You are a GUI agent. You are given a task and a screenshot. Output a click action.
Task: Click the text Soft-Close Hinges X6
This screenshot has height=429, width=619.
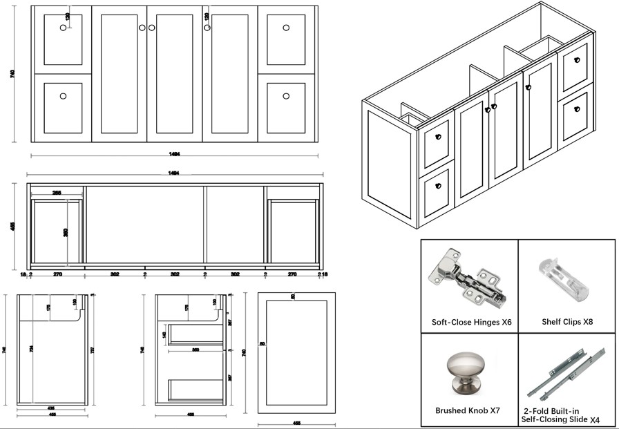pyautogui.click(x=471, y=322)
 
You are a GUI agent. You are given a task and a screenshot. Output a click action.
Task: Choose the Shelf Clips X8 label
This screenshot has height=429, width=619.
pyautogui.click(x=567, y=322)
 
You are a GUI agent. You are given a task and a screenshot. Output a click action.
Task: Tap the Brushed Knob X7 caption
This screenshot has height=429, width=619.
pyautogui.click(x=468, y=410)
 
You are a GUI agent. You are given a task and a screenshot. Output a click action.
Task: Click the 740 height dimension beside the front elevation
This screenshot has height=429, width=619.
pyautogui.click(x=12, y=74)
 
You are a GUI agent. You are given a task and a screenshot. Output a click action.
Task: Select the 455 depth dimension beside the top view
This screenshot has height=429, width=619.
pyautogui.click(x=12, y=226)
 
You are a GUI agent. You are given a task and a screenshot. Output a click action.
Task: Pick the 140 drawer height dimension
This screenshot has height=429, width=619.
pyautogui.click(x=164, y=334)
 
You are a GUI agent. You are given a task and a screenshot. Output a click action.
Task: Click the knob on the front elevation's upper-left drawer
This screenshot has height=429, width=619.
pyautogui.click(x=64, y=28)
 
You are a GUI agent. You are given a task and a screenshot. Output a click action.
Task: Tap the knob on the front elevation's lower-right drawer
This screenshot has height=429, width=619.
pyautogui.click(x=286, y=97)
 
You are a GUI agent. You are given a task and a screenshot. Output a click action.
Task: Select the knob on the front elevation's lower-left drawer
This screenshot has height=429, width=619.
pyautogui.click(x=64, y=97)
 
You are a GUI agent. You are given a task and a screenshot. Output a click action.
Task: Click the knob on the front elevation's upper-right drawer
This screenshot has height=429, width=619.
pyautogui.click(x=286, y=28)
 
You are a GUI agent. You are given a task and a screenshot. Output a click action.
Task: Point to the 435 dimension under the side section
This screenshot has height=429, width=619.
pyautogui.click(x=51, y=408)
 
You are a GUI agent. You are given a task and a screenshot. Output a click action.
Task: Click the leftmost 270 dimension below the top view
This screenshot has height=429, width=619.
pyautogui.click(x=57, y=274)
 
